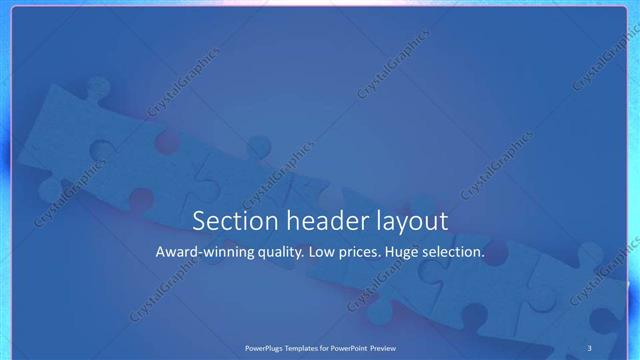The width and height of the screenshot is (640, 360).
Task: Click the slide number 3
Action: (x=589, y=347)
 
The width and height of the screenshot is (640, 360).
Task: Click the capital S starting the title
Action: (x=199, y=221)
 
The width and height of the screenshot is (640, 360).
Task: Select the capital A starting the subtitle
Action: (x=161, y=253)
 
